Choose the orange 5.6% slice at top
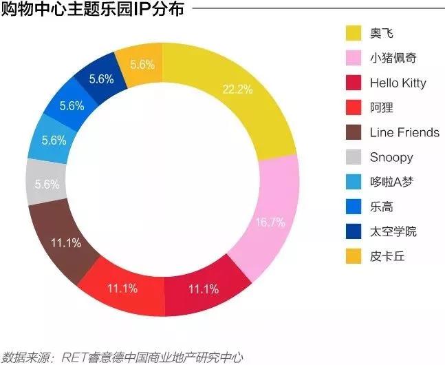coord(140,65)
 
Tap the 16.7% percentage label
coord(268,222)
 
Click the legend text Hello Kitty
coord(398,83)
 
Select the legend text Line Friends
coord(404,132)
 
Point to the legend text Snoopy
coord(391,157)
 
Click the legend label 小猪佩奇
coord(393,58)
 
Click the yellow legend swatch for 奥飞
coord(354,33)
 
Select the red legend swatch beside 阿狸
coord(354,107)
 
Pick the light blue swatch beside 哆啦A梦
coord(354,182)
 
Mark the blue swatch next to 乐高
coord(354,207)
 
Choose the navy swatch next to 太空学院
coord(354,231)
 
